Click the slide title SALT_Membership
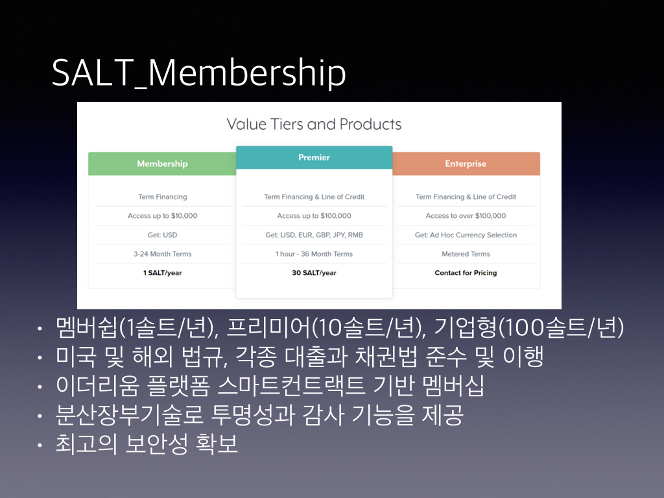pos(198,73)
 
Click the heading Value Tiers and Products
pos(314,124)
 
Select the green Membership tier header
pos(162,164)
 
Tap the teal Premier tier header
pos(314,158)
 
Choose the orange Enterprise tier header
pos(466,164)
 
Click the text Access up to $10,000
pos(163,215)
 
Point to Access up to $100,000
pos(314,215)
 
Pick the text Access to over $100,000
pos(466,215)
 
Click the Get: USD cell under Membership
pos(163,235)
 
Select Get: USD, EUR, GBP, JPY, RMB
pos(314,235)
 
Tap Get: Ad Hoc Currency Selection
pos(466,235)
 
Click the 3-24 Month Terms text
pos(163,254)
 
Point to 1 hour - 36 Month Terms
pos(314,254)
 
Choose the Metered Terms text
pos(466,254)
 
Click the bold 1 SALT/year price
pos(163,273)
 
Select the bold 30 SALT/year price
pos(314,273)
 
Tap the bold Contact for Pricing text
pos(466,273)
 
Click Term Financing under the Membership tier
pos(163,196)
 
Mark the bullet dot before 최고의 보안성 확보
pos(40,445)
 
